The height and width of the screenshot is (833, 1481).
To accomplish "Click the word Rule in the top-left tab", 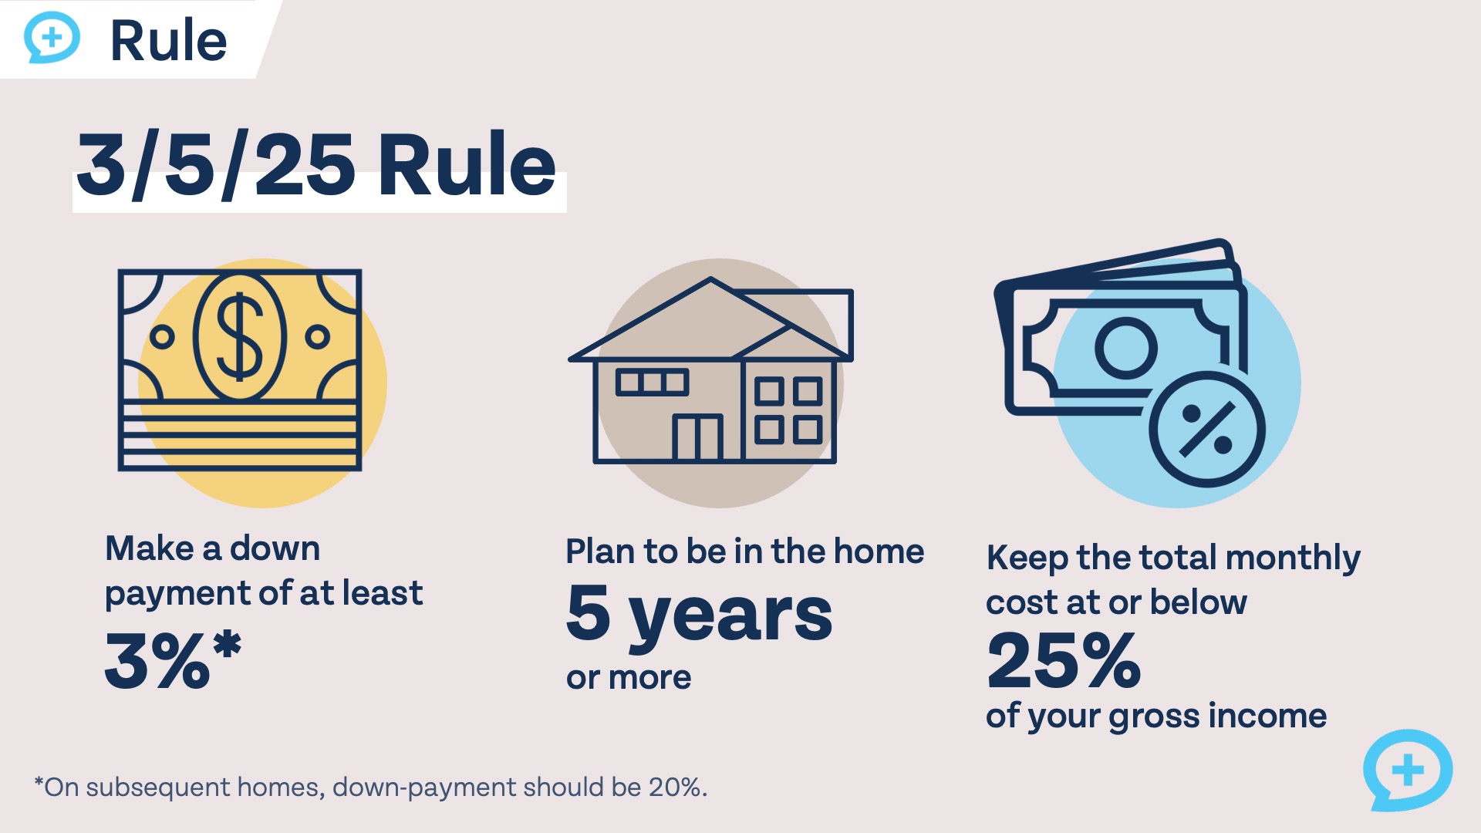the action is click(169, 41).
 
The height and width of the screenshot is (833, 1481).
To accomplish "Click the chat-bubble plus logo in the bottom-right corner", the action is click(1408, 770).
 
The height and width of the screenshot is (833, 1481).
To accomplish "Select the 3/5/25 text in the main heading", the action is click(217, 165).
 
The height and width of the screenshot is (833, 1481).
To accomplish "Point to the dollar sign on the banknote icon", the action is click(239, 337).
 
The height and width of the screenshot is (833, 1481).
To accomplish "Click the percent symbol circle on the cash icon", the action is click(1206, 429).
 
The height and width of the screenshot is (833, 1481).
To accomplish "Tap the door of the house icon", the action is click(697, 438).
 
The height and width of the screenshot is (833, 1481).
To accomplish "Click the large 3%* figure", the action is click(173, 659).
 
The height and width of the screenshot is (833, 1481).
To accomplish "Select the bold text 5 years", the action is click(699, 614).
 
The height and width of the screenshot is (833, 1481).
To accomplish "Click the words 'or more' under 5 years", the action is click(629, 678).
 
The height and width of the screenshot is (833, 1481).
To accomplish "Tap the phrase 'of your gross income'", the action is click(1156, 717).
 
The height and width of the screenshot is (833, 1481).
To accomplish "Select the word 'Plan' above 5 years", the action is click(601, 551).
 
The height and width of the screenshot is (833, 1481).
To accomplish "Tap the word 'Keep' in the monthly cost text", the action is click(1027, 558).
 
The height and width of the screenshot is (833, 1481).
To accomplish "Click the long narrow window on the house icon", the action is click(652, 383).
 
